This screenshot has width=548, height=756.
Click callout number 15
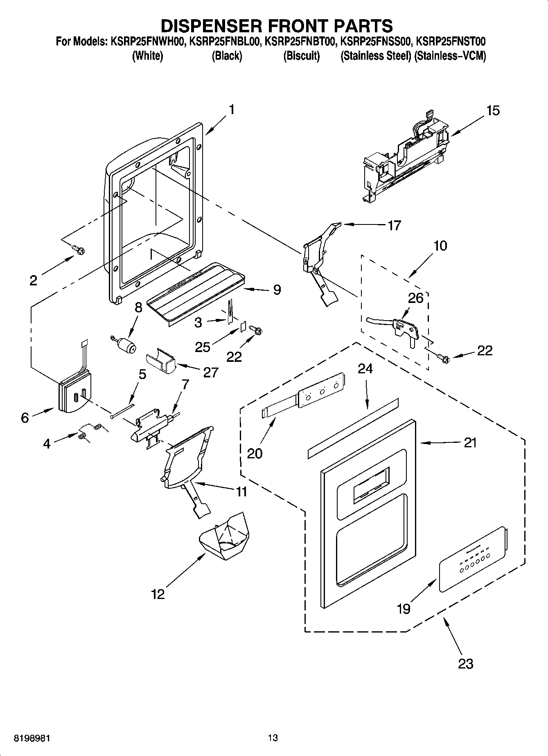pos(493,110)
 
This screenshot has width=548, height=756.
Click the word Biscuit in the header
pos(301,56)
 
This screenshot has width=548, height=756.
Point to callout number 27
pos(210,372)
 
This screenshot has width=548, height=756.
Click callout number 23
pos(465,663)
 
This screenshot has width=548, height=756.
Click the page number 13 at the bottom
pos(273,738)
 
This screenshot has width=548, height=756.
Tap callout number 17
pos(394,225)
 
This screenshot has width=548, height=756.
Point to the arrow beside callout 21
pos(440,443)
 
